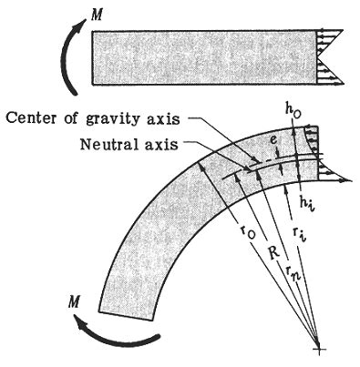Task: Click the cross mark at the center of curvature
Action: pyautogui.click(x=317, y=349)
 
